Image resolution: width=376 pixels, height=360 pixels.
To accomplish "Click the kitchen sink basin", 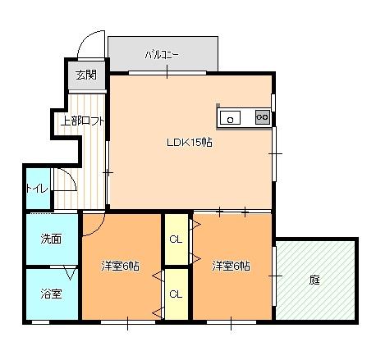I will click(x=232, y=118).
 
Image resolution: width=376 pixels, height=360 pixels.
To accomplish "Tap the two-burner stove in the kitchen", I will click(x=263, y=117).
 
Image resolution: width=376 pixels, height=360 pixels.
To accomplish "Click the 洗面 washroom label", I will click(x=51, y=239).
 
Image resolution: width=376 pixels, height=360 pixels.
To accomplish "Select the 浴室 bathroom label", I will click(x=51, y=294).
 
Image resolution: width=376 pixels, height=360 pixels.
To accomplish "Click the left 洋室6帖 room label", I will click(x=120, y=266).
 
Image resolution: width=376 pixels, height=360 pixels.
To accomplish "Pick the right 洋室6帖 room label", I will click(x=231, y=266).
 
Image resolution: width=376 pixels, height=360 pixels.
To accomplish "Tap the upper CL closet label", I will click(x=176, y=239).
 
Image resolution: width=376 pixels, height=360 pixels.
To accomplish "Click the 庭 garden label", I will click(x=314, y=280).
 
